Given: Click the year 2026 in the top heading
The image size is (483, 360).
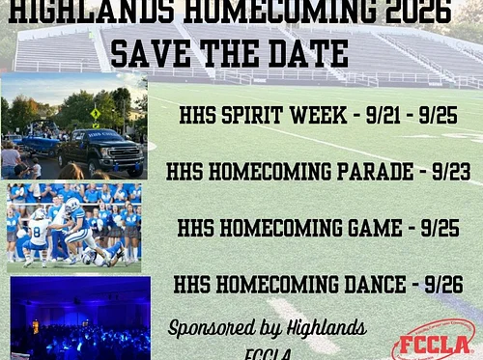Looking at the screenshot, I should click(x=417, y=12).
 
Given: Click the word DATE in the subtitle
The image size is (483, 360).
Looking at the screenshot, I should click(x=311, y=54).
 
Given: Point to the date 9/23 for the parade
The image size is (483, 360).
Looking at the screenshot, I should click(x=451, y=172).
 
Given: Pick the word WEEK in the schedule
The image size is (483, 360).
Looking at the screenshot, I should click(x=318, y=117).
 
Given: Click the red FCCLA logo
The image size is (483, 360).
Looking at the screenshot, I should click(x=433, y=342).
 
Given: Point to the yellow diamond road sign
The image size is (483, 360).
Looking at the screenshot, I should click(x=95, y=113).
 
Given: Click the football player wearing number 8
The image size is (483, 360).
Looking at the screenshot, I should click(x=39, y=233).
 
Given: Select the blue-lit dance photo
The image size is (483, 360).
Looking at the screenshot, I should click(x=80, y=318).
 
